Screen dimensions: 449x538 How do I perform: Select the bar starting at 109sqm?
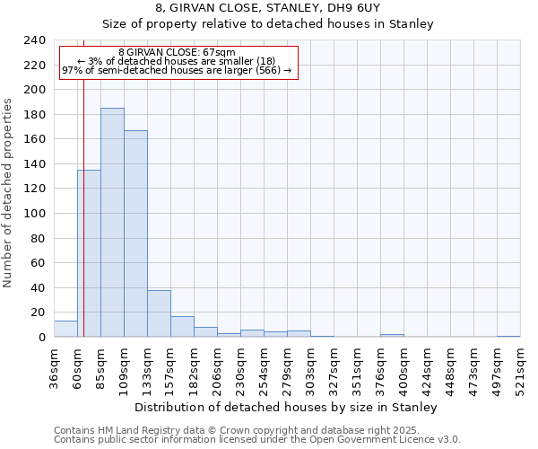[x=135, y=233]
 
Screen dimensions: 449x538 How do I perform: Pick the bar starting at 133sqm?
[x=159, y=313]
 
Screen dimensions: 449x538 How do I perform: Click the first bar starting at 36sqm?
[x=65, y=329]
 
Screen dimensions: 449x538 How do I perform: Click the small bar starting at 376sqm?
[x=392, y=335]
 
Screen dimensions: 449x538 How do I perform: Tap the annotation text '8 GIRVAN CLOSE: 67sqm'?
[x=177, y=53]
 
